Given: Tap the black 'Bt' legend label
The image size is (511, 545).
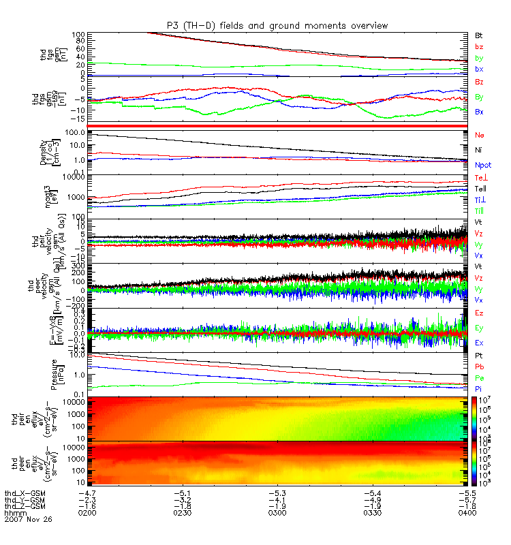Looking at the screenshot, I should coord(479,35).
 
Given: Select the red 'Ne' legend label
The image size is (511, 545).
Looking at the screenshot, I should coord(480,136).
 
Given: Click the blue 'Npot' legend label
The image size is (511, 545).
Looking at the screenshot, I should coord(483,165).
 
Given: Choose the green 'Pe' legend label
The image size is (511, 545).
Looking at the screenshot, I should coord(480,377).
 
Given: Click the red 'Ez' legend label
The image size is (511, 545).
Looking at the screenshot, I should coord(480,312).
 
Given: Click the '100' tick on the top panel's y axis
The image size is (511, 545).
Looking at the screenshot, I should coord(77,34).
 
